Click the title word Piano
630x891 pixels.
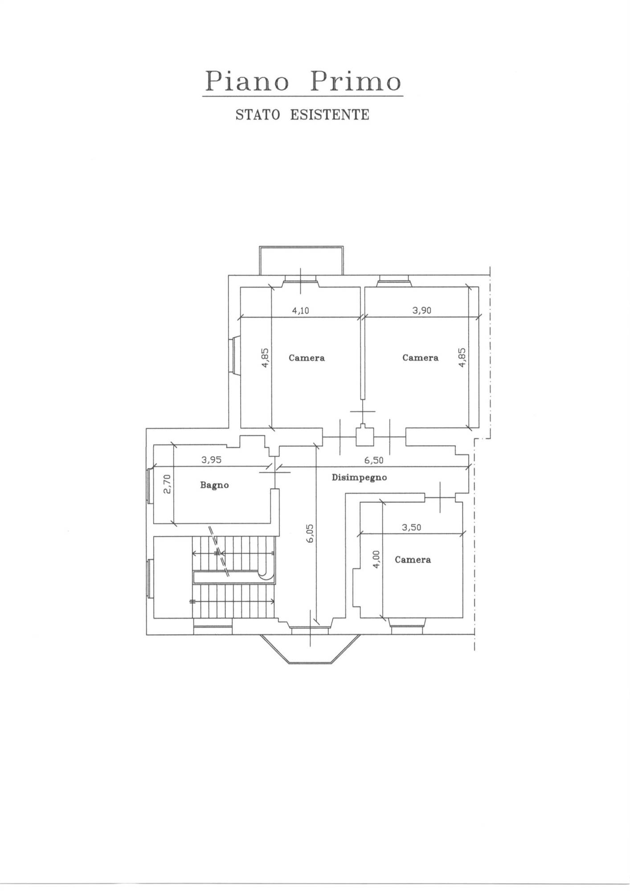246,82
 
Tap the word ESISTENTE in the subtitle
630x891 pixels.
330,114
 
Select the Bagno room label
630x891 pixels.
214,485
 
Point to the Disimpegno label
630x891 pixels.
359,478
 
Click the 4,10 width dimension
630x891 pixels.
300,311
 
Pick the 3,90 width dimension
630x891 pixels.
421,311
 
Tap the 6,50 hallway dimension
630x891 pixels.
373,460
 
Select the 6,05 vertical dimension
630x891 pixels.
311,533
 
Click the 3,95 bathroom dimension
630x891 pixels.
211,460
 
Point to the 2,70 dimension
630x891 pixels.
167,484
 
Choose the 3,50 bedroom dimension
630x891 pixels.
411,527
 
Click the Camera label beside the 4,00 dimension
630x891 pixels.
413,560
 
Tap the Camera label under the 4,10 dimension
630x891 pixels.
307,358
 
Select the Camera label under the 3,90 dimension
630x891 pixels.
420,358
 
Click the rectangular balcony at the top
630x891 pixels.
302,261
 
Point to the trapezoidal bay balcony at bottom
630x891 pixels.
310,649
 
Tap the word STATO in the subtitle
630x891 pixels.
258,114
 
